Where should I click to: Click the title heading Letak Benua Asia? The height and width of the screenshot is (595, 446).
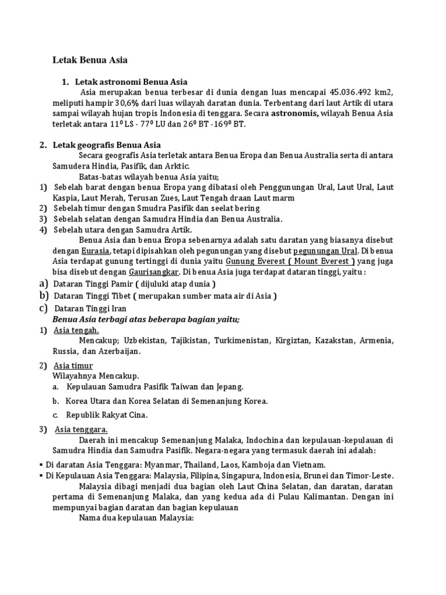pos(90,60)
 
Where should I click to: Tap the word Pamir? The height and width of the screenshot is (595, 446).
pos(116,284)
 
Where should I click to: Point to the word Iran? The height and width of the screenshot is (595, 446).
pos(116,309)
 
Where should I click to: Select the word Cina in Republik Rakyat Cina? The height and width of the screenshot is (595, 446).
pos(138,415)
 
